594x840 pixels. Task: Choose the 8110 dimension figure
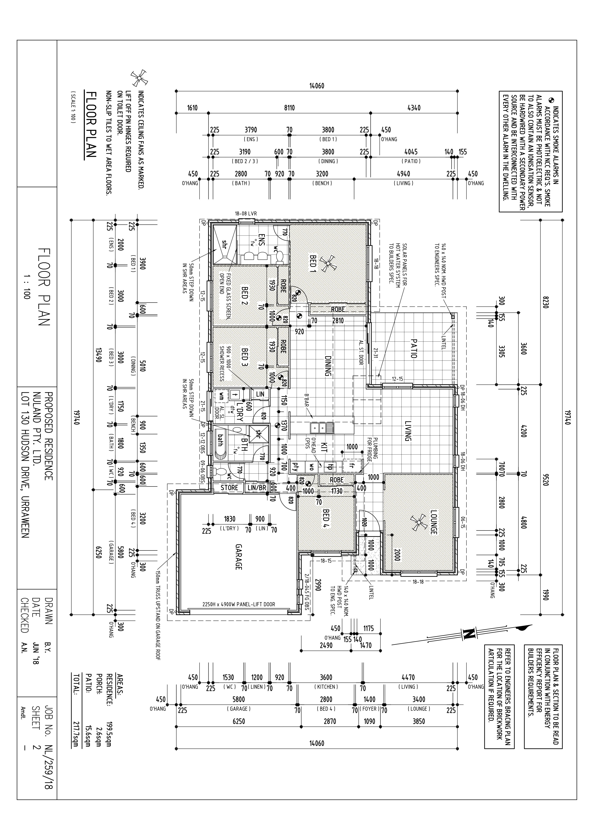click(x=289, y=108)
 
